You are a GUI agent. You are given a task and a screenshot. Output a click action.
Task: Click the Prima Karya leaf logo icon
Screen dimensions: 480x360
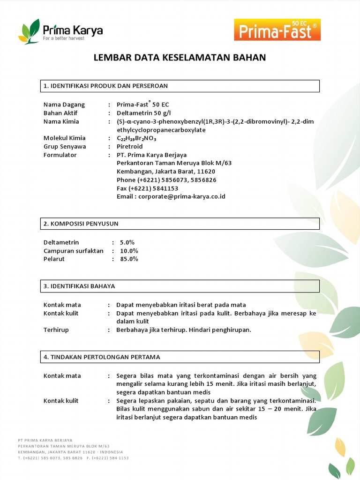tap(29, 31)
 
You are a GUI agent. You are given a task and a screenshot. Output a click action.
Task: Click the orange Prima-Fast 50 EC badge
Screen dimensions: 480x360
tap(277, 30)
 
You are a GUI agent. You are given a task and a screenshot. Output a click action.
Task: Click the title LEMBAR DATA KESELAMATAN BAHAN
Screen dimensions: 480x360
tap(180, 58)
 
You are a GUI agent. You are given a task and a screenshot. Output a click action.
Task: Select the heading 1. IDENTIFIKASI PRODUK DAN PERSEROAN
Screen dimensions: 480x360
tap(105, 86)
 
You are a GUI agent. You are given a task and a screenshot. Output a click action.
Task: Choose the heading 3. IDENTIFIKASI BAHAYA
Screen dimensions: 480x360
tap(79, 286)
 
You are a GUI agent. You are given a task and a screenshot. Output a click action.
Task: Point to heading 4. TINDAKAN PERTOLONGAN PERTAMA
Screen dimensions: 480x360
tap(102, 357)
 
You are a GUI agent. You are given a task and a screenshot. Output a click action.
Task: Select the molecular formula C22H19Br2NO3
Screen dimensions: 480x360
tap(136, 138)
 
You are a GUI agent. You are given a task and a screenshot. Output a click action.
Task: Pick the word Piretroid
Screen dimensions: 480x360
tap(129, 147)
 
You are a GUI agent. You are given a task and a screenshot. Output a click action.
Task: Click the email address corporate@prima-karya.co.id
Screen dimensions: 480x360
tap(171, 196)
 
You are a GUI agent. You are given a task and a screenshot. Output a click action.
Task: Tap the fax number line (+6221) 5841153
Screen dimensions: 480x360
tap(147, 188)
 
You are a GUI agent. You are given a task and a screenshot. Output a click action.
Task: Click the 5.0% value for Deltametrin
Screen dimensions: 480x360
tap(127, 242)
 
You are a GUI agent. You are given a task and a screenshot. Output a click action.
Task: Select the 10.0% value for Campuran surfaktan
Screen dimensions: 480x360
tap(128, 251)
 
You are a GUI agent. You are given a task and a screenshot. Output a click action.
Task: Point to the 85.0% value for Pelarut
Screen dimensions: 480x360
tap(128, 259)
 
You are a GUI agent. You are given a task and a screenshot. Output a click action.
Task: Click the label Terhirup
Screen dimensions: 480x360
tap(56, 330)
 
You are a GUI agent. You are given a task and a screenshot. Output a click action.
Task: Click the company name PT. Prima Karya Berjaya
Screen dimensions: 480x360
tap(151, 155)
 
